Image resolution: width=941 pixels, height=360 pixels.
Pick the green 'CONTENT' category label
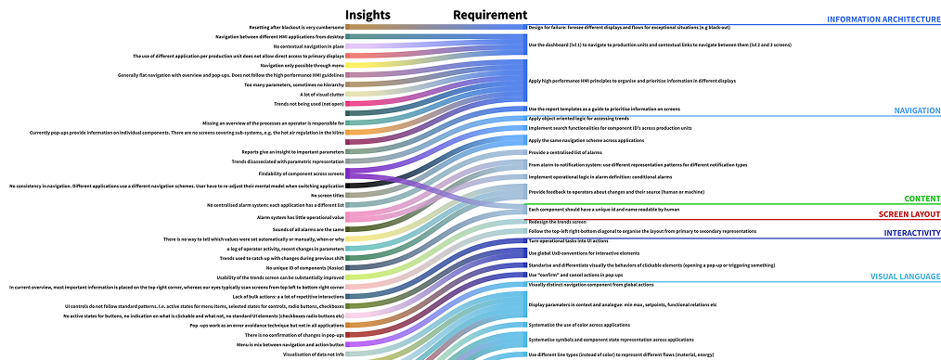(x=922, y=199)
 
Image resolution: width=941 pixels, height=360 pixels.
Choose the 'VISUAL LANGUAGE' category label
(x=904, y=276)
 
